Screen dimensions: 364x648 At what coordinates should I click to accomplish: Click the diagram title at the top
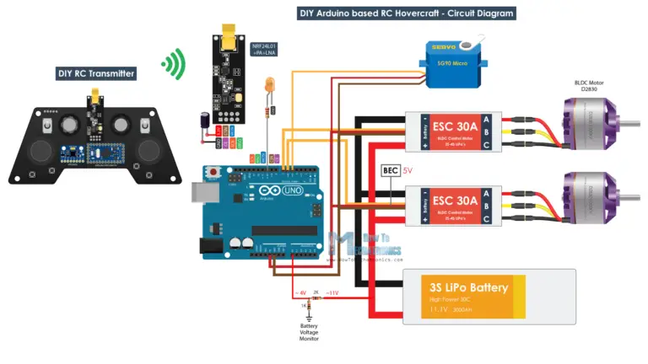click(x=406, y=13)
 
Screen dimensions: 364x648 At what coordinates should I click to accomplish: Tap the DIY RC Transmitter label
click(x=96, y=74)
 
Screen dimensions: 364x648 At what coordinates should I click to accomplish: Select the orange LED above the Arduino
click(x=269, y=85)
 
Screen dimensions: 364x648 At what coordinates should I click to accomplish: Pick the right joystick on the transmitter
click(x=148, y=152)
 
